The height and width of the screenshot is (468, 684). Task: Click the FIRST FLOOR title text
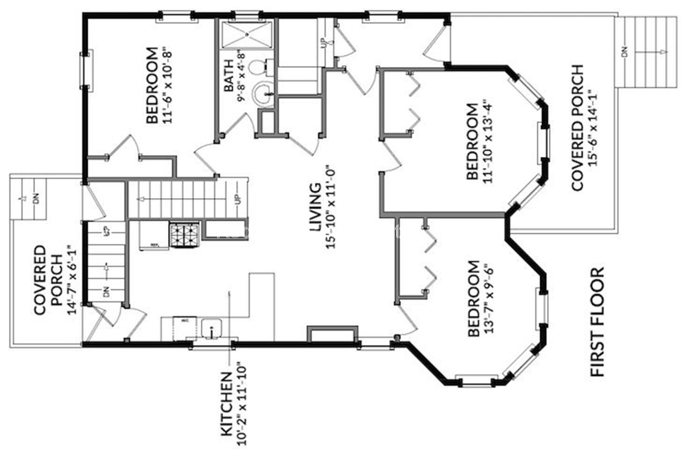[x=597, y=322]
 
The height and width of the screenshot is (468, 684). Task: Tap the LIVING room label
[x=315, y=207]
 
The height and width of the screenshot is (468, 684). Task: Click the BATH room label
[x=229, y=75]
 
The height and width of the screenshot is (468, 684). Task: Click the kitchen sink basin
[x=212, y=327]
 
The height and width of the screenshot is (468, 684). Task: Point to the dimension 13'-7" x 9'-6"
[x=489, y=298]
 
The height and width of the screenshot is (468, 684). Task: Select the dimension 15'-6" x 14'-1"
[x=594, y=128]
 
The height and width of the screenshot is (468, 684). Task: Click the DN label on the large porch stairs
[x=624, y=52]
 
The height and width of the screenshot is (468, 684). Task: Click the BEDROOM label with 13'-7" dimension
[x=473, y=298]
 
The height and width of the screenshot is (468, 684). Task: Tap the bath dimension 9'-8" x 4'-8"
[x=241, y=75]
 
